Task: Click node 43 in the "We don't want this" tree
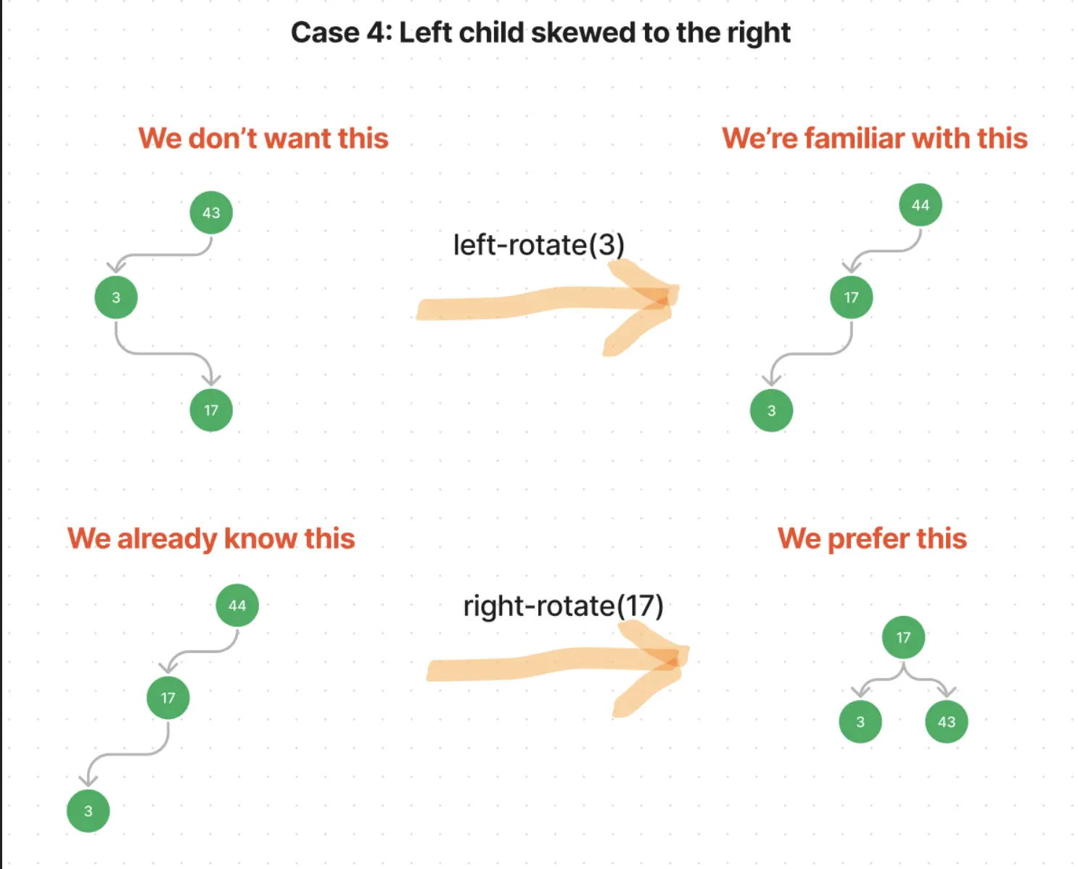211,213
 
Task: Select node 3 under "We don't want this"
116,297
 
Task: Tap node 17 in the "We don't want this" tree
211,411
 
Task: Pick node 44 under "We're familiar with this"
920,205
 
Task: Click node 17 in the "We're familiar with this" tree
851,297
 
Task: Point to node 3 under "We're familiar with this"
771,411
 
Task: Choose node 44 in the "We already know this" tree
237,605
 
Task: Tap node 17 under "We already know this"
168,698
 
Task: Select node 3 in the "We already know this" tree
88,811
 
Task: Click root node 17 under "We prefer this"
903,637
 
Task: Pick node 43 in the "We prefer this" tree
946,721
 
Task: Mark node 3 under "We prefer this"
860,721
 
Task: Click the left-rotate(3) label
538,245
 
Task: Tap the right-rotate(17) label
563,606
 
